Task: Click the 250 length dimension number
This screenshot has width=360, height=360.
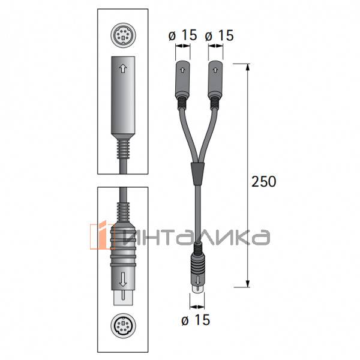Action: (264, 181)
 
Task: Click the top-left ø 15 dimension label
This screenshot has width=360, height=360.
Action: (183, 35)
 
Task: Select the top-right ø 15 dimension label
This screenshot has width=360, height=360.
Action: (219, 35)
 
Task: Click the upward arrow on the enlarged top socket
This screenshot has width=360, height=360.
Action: (122, 69)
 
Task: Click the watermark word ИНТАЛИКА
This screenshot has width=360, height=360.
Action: (195, 236)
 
